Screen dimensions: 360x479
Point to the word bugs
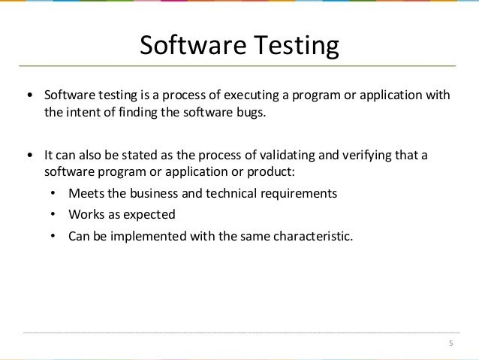252,113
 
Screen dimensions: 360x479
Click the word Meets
84,193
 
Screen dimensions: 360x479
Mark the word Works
85,214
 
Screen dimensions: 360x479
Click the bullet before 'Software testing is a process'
29,97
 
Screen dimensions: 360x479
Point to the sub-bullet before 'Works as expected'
53,215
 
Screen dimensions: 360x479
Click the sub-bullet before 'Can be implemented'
53,236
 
